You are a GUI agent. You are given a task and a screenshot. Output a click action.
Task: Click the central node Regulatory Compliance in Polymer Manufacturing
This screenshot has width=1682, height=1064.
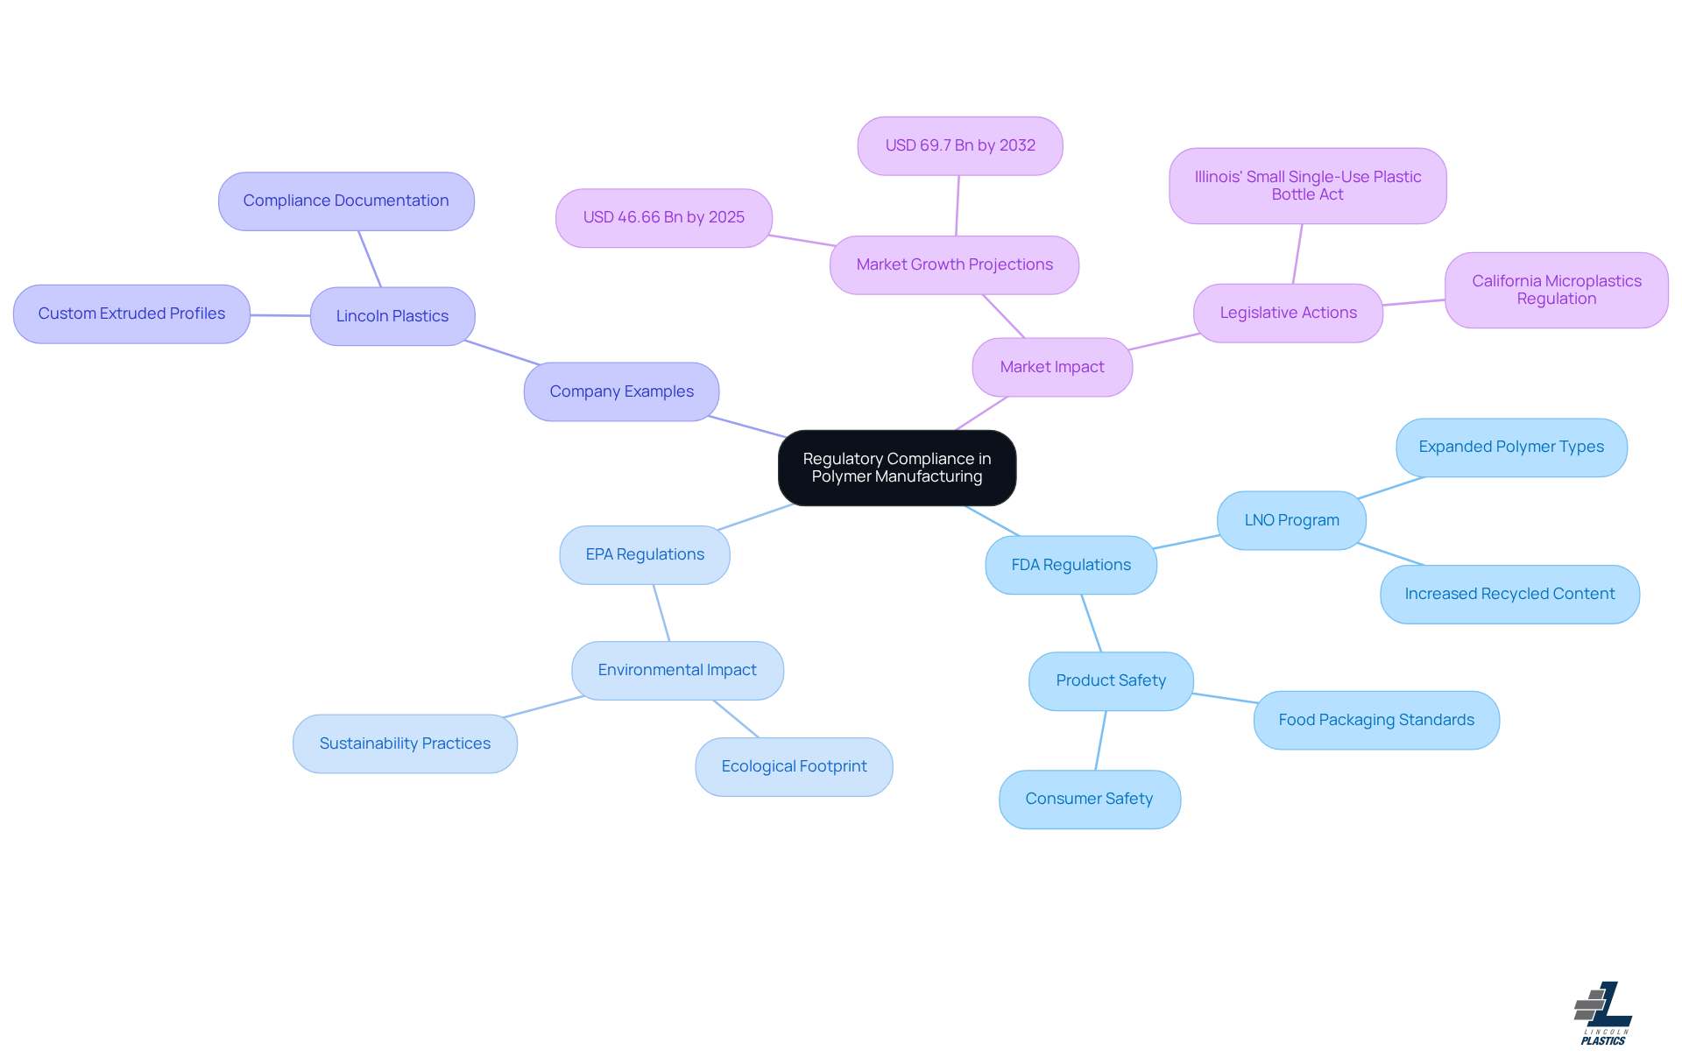point(896,468)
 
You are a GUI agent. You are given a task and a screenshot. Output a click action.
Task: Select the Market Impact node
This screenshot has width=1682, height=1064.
point(1051,367)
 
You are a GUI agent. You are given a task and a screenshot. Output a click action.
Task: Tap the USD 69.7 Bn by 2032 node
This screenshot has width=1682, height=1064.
point(959,145)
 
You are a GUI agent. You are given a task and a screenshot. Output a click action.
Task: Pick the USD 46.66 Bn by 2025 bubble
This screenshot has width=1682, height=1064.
point(663,217)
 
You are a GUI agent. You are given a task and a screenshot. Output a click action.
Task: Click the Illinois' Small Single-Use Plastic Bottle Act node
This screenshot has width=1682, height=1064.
point(1307,186)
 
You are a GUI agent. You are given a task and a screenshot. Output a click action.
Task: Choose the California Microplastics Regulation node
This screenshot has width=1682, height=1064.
point(1556,290)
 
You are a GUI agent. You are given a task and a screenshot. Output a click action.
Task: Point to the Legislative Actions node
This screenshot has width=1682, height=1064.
point(1288,313)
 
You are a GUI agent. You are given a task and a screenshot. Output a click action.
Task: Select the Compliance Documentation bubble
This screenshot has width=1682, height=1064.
point(346,201)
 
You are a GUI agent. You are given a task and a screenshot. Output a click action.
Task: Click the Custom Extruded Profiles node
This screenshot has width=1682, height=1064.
point(131,314)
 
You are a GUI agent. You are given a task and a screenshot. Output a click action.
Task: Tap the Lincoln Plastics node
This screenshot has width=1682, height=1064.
point(392,316)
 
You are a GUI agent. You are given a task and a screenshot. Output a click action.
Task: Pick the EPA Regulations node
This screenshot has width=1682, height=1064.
point(644,554)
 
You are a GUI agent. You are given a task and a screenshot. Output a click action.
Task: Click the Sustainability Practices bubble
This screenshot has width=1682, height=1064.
point(405,743)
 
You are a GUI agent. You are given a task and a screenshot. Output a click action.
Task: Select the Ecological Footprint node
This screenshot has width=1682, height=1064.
point(794,766)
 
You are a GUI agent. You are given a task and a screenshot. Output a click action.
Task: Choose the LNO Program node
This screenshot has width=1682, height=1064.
point(1291,520)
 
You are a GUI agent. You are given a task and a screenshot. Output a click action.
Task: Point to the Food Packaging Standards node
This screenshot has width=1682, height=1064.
point(1375,720)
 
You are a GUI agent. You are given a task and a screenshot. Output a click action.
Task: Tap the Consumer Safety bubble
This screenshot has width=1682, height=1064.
point(1089,799)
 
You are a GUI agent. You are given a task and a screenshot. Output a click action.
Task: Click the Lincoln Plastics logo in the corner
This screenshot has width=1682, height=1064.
point(1602,1013)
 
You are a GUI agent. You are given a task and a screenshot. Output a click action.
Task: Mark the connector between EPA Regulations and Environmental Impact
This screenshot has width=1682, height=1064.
point(661,613)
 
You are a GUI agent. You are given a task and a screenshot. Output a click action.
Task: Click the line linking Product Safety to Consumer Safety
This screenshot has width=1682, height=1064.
point(1100,740)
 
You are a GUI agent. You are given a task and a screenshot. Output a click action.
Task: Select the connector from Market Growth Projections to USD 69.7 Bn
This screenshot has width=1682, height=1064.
point(958,206)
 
